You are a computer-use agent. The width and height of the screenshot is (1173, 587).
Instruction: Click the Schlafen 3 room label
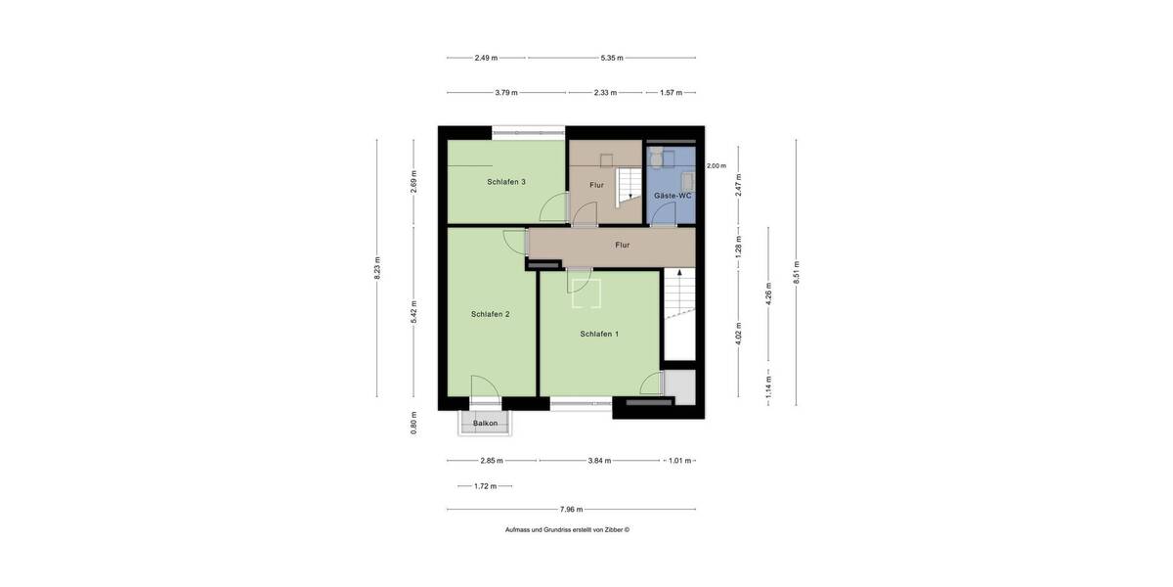click(506, 182)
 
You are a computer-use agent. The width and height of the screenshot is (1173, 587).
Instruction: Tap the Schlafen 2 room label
click(490, 314)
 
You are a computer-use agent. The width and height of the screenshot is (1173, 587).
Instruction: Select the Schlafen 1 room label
click(599, 334)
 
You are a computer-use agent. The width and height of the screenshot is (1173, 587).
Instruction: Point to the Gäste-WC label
click(673, 196)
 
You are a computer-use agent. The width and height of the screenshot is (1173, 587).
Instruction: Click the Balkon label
click(486, 424)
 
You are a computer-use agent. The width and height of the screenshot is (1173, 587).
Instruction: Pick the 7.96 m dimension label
click(571, 509)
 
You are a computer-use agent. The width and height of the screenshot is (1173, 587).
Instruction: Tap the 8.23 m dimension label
click(377, 268)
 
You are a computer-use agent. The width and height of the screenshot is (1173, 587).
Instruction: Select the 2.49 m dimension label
click(486, 58)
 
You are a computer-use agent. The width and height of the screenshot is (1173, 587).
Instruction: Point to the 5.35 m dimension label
click(613, 58)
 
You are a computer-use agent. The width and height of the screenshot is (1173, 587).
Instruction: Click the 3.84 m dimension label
click(599, 460)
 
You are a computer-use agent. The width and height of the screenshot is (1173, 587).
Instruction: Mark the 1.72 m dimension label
click(486, 486)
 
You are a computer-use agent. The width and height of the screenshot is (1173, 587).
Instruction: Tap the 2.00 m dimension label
click(717, 166)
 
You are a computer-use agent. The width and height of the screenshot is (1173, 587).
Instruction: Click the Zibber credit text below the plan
click(567, 529)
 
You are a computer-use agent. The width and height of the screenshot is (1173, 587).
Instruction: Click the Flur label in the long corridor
click(623, 246)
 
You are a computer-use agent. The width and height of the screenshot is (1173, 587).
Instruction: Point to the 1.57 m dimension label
click(671, 93)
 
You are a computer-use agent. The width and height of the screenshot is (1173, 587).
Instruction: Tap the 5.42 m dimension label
click(413, 311)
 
